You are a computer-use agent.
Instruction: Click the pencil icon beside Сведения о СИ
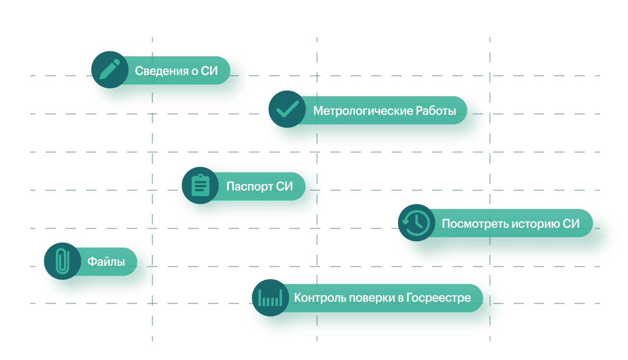(110, 70)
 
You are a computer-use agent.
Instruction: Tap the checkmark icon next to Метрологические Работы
(287, 109)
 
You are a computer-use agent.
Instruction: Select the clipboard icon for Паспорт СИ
(200, 186)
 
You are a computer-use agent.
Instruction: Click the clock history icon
(416, 223)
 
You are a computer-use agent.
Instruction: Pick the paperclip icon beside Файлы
(62, 261)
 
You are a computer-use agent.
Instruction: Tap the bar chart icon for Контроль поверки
(270, 298)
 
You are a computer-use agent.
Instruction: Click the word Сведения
(161, 71)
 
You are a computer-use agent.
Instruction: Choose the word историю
(535, 224)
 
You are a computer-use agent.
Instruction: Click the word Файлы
(106, 262)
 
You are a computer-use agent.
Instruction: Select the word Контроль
(318, 298)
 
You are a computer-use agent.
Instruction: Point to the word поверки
(370, 298)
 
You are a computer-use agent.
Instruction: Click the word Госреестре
(438, 298)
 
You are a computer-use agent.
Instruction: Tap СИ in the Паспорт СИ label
(284, 187)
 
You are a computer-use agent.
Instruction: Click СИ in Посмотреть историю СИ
(571, 223)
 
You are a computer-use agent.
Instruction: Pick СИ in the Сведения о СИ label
(209, 71)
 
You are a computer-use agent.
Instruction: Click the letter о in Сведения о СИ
(195, 71)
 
